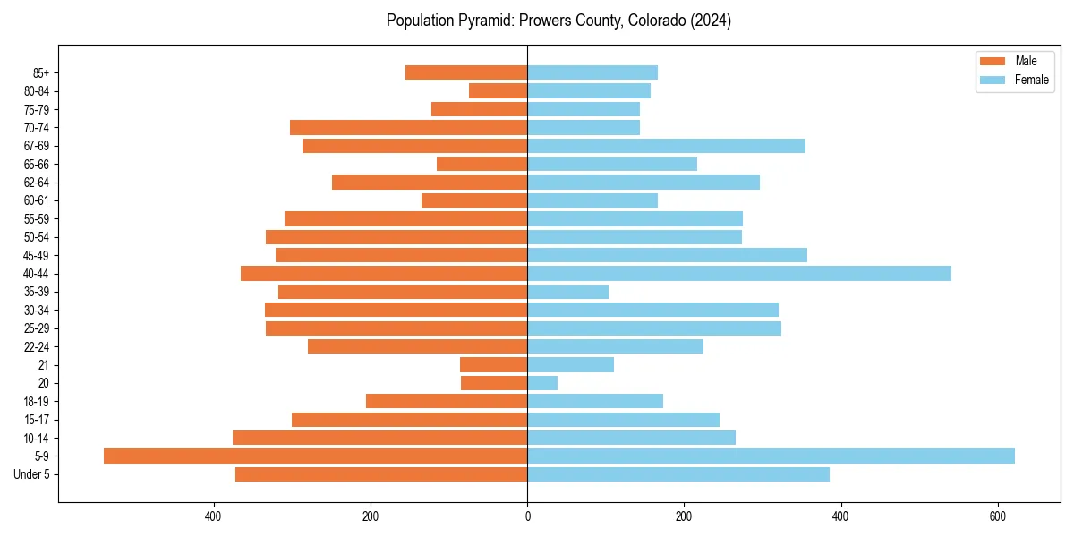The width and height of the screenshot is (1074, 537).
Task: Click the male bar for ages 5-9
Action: click(x=315, y=456)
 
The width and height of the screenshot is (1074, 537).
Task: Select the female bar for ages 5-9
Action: click(x=771, y=456)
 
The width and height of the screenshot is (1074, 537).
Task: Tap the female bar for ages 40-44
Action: click(x=739, y=274)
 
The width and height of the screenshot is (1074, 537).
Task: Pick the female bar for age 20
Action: click(x=542, y=383)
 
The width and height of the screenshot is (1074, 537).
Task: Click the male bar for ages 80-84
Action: click(x=498, y=91)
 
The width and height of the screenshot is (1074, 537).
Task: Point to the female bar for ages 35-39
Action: click(x=567, y=292)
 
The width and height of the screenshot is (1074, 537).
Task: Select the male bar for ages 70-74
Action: click(x=408, y=128)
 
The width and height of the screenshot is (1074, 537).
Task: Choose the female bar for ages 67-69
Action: click(x=666, y=146)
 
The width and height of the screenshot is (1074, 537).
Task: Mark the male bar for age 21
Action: click(x=493, y=365)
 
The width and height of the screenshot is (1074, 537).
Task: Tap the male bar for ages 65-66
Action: click(x=482, y=164)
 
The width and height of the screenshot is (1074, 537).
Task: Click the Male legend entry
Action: click(x=1014, y=61)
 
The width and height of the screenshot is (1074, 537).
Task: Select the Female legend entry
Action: click(x=1014, y=80)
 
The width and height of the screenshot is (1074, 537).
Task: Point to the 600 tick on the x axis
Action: click(x=998, y=516)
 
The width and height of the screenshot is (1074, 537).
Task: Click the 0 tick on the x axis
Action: click(x=527, y=516)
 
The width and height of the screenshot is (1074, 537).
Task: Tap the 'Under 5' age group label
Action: click(x=31, y=474)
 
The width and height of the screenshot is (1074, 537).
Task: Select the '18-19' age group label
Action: click(x=37, y=402)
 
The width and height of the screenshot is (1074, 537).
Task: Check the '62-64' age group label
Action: click(x=37, y=183)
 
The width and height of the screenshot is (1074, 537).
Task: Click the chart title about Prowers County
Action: click(x=558, y=21)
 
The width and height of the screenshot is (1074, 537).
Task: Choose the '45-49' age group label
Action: click(x=37, y=256)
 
